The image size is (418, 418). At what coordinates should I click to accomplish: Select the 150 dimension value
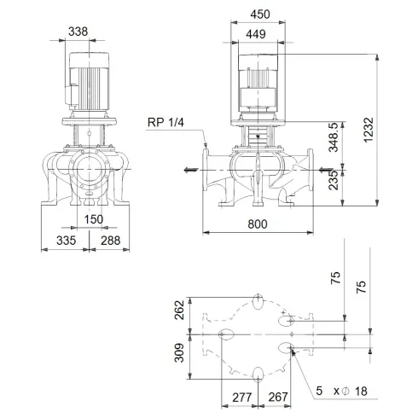click(94, 220)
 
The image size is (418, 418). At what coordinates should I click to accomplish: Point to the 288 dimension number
click(109, 241)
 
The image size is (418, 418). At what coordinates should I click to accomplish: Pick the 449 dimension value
click(257, 33)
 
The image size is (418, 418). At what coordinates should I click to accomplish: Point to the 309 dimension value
click(180, 352)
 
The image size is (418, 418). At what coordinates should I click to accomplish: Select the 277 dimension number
click(241, 396)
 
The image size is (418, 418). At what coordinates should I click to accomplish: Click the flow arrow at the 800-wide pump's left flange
click(186, 169)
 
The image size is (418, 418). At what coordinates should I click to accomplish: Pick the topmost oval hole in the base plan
click(258, 301)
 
